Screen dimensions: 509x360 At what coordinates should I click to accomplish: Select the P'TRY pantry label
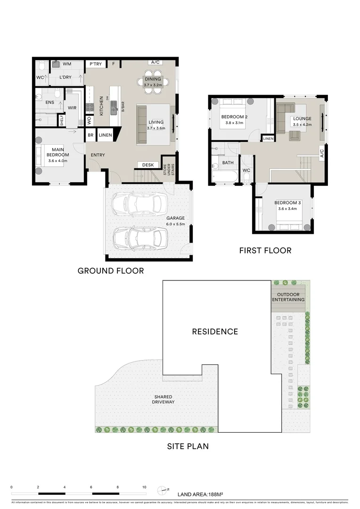pyautogui.click(x=96, y=64)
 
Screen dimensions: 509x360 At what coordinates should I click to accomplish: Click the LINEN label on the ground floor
pyautogui.click(x=106, y=135)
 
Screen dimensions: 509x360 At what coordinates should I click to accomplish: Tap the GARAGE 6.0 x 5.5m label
pyautogui.click(x=175, y=221)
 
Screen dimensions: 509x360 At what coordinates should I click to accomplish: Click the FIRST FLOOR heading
pyautogui.click(x=265, y=250)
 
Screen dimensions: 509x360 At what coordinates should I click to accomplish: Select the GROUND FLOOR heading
pyautogui.click(x=111, y=271)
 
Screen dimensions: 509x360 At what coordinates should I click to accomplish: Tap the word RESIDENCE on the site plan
pyautogui.click(x=214, y=331)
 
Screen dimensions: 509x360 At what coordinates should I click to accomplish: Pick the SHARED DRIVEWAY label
pyautogui.click(x=163, y=399)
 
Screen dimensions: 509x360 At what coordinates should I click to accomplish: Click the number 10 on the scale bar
pyautogui.click(x=144, y=487)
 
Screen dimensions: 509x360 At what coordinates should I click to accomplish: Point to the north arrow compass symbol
pyautogui.click(x=164, y=489)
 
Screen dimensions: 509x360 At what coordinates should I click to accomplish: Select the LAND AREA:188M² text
pyautogui.click(x=200, y=495)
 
